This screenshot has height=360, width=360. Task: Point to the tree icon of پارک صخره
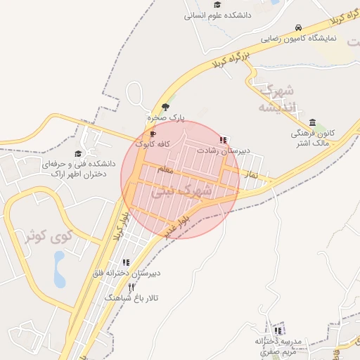pyautogui.click(x=165, y=107)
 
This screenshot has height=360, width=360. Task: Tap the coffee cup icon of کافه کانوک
pyautogui.click(x=153, y=134)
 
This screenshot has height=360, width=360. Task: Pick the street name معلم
pyautogui.click(x=166, y=169)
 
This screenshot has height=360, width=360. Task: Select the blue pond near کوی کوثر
pyautogui.click(x=59, y=269)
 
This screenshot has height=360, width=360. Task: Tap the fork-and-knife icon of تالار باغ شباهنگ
pyautogui.click(x=131, y=287)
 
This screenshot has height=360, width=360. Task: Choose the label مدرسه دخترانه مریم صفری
pyautogui.click(x=278, y=345)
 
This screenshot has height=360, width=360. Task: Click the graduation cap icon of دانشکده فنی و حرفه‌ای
pyautogui.click(x=78, y=153)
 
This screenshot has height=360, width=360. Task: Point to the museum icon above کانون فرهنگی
pyautogui.click(x=312, y=123)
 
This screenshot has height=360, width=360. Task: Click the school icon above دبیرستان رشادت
pyautogui.click(x=223, y=140)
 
